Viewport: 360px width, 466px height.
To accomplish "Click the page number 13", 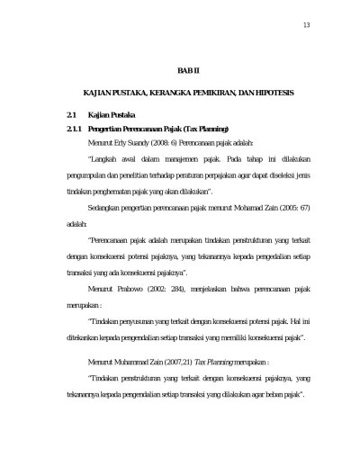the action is (306, 23).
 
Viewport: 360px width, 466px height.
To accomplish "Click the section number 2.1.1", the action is (65, 130).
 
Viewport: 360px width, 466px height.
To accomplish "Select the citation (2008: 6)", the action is (175, 142).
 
